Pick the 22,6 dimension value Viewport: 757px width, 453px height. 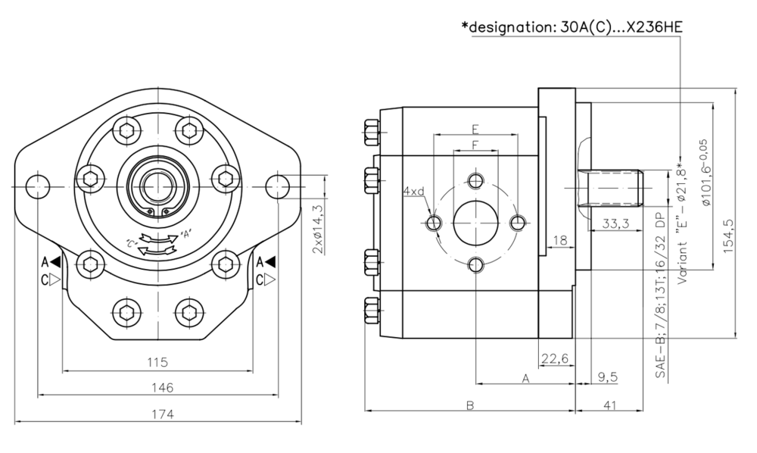(555, 359)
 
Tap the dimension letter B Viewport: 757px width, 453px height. (469, 405)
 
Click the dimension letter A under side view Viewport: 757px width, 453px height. (525, 376)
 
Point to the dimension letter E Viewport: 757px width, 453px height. (475, 128)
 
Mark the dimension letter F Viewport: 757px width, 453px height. (475, 144)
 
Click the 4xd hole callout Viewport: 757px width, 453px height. (413, 192)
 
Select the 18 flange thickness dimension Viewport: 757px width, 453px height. (559, 240)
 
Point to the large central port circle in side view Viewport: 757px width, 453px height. (475, 223)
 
